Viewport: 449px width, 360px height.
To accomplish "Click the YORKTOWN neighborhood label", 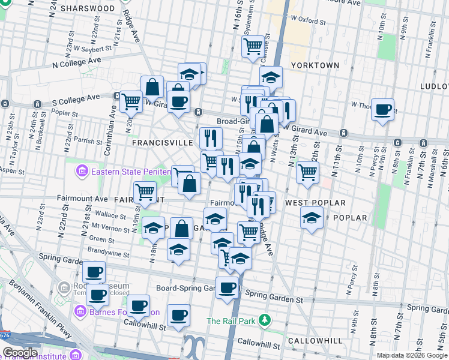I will (315, 65).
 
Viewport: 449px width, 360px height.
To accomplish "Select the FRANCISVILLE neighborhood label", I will (162, 143).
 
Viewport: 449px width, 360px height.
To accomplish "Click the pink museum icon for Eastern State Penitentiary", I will (82, 172).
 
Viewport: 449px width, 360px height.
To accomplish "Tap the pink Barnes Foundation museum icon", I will (80, 312).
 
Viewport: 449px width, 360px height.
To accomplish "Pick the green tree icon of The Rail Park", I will (262, 321).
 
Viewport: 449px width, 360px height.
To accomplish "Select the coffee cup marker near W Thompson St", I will (382, 110).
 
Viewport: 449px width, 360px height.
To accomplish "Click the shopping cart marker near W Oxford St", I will (253, 45).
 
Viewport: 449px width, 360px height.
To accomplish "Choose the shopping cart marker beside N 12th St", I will (307, 172).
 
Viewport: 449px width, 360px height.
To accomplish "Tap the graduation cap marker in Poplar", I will (312, 218).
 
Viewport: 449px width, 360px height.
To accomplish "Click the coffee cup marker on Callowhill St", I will (178, 314).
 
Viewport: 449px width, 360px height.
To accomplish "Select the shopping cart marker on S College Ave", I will (130, 101).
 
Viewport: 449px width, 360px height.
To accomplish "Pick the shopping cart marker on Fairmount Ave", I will (145, 192).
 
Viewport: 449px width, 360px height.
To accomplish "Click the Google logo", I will (20, 353).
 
